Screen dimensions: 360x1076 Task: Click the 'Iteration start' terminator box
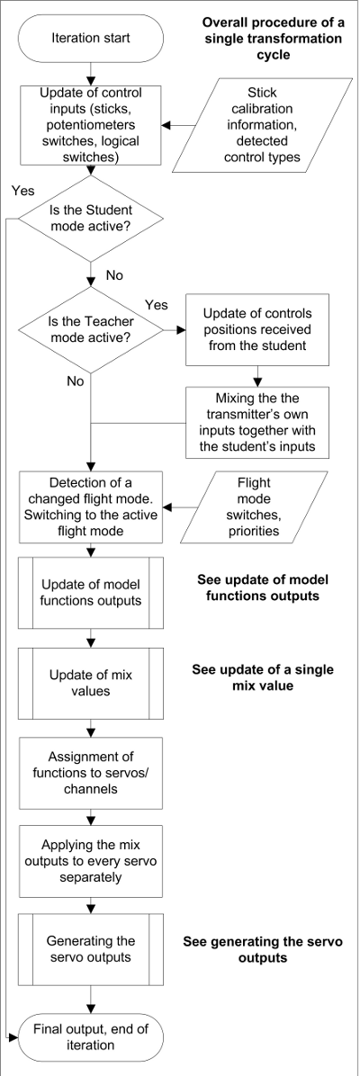point(92,38)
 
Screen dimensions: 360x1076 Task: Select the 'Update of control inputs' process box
point(92,124)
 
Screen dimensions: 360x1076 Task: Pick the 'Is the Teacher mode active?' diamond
point(92,328)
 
